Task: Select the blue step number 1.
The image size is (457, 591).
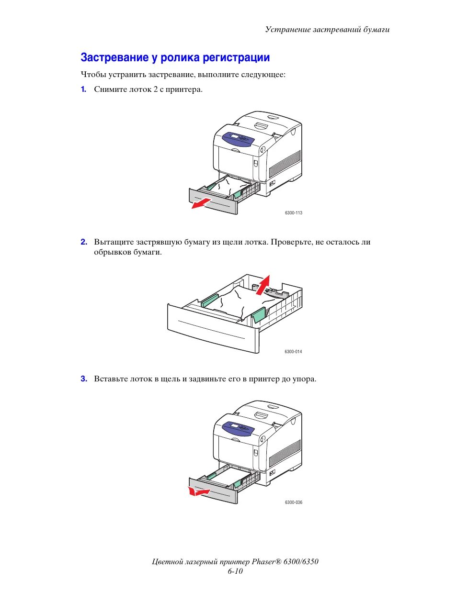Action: click(x=83, y=89)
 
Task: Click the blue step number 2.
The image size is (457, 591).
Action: click(x=84, y=242)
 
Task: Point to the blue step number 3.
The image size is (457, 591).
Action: click(x=84, y=379)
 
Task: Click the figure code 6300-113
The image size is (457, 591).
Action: click(x=293, y=213)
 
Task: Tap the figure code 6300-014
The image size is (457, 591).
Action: click(x=293, y=352)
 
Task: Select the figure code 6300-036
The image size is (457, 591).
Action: click(x=293, y=502)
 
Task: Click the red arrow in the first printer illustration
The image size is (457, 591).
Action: click(x=201, y=202)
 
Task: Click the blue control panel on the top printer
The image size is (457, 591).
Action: click(x=238, y=139)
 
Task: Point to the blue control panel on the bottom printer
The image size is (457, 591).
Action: click(x=238, y=428)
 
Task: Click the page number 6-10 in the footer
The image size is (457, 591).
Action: click(x=235, y=571)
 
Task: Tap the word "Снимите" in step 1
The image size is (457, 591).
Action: click(x=111, y=89)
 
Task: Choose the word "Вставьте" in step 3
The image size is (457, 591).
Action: click(x=111, y=379)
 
